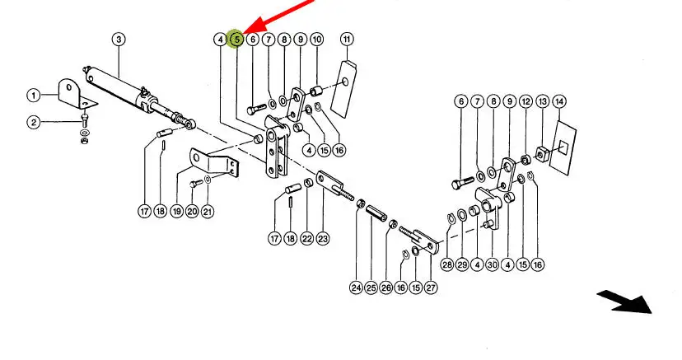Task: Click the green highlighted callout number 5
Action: tap(236, 40)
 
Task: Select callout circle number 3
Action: tap(119, 40)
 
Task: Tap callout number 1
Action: tap(34, 96)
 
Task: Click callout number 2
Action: tap(34, 122)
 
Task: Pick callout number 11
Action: tap(347, 40)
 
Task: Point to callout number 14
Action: tap(559, 102)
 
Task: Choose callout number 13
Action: tap(542, 102)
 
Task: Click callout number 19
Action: tap(176, 212)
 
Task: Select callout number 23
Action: tap(323, 238)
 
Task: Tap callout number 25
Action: tap(371, 288)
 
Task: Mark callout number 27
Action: tap(431, 288)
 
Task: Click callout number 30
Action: tap(492, 264)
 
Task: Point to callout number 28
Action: tap(447, 264)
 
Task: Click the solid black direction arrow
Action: tap(625, 302)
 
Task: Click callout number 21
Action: tap(208, 212)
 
